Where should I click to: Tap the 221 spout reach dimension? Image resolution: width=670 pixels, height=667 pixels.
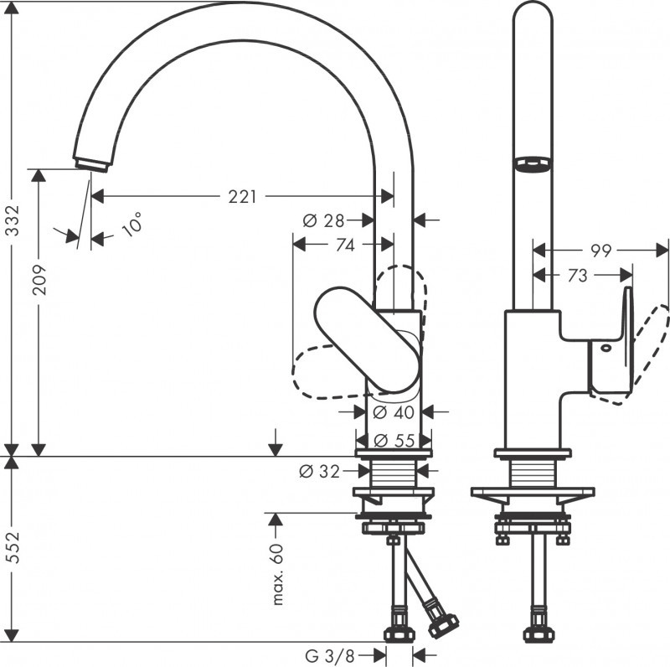coord(242,197)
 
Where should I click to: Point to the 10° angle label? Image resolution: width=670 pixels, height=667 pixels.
coord(131,225)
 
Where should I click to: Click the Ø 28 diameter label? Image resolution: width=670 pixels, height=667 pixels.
coord(323,220)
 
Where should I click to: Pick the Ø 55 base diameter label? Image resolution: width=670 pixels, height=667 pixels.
coord(393,440)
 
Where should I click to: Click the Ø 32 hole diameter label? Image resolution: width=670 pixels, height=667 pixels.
coord(320,472)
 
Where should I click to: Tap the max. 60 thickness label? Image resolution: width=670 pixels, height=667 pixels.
coord(279,574)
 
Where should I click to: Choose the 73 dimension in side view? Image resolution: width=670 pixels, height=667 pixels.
coord(578,276)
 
